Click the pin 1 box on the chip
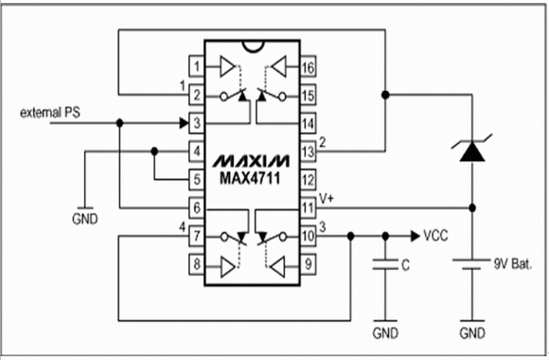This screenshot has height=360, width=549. (x=197, y=66)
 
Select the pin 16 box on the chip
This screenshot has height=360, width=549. (x=309, y=66)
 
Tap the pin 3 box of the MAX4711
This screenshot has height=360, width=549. (x=197, y=123)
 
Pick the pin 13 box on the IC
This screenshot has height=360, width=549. (x=309, y=152)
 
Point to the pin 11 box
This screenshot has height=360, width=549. (x=309, y=207)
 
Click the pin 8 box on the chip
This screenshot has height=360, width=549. (x=197, y=264)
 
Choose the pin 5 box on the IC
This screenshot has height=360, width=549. (x=197, y=179)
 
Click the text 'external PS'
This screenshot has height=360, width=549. (x=50, y=113)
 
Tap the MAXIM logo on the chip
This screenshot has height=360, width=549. (x=251, y=161)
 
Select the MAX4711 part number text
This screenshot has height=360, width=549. (x=250, y=178)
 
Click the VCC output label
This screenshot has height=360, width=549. (x=435, y=236)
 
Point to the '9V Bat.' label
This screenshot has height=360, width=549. (x=513, y=263)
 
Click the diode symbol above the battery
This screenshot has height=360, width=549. (x=472, y=149)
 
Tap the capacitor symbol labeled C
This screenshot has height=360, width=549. (x=385, y=264)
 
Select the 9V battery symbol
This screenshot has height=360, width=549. (x=471, y=264)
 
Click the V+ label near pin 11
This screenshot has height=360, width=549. (x=327, y=199)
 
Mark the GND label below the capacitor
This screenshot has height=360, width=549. (x=385, y=333)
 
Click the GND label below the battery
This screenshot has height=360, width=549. (x=472, y=333)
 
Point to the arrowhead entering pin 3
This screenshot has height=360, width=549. (x=184, y=123)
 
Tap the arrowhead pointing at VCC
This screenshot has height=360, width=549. (x=416, y=236)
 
